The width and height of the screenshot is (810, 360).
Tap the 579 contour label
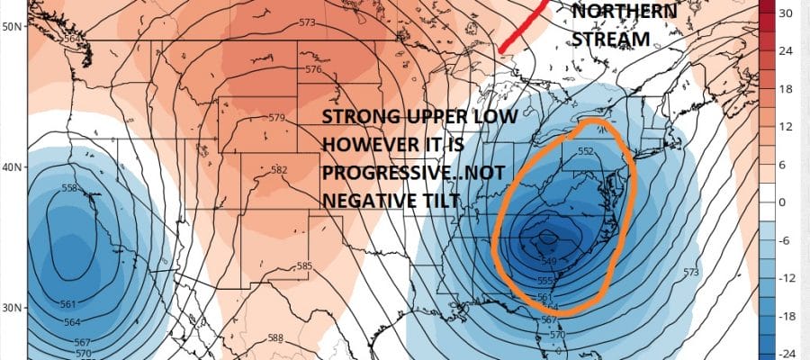click(276, 118)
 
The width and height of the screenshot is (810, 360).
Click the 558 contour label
click(69, 188)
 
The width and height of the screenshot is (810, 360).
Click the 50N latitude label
click(13, 27)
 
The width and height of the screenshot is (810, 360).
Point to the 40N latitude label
click(13, 167)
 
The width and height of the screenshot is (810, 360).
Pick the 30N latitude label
click(13, 308)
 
